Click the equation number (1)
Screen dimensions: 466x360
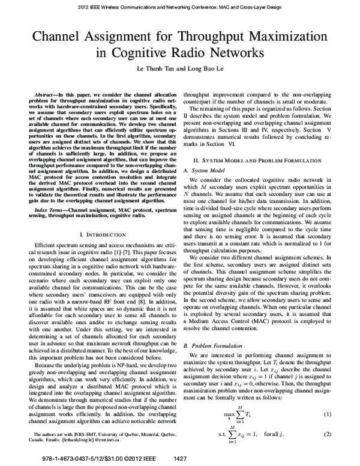328,415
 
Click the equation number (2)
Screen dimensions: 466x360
328,434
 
